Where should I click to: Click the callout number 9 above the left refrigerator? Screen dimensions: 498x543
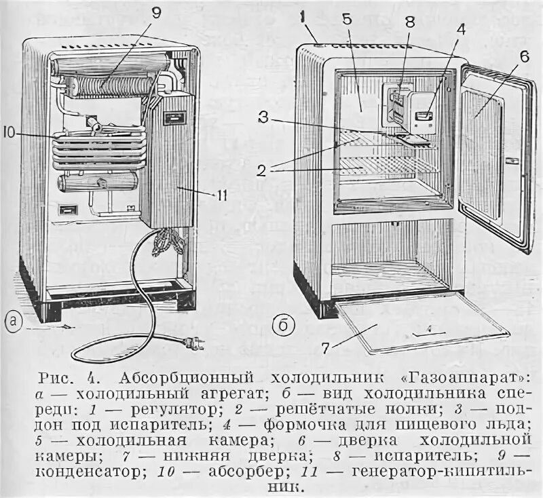coord(157,13)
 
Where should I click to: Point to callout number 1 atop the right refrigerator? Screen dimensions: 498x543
coord(305,13)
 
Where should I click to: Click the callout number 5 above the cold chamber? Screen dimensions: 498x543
coord(347,20)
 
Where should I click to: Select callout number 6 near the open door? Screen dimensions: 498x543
coord(523,58)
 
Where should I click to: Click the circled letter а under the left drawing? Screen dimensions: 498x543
coord(14,323)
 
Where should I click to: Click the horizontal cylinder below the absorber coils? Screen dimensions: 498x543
coord(99,181)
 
